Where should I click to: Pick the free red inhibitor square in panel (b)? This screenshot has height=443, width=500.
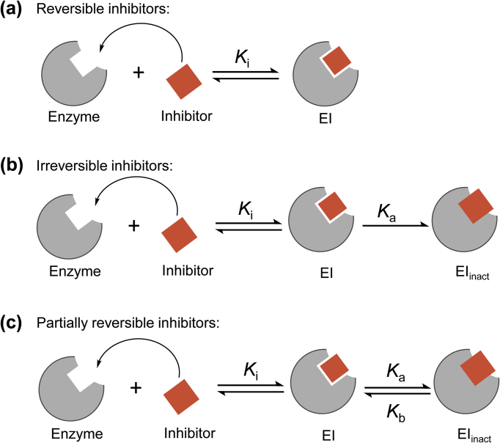click(x=180, y=233)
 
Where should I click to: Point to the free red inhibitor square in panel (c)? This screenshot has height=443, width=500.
click(x=180, y=387)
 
